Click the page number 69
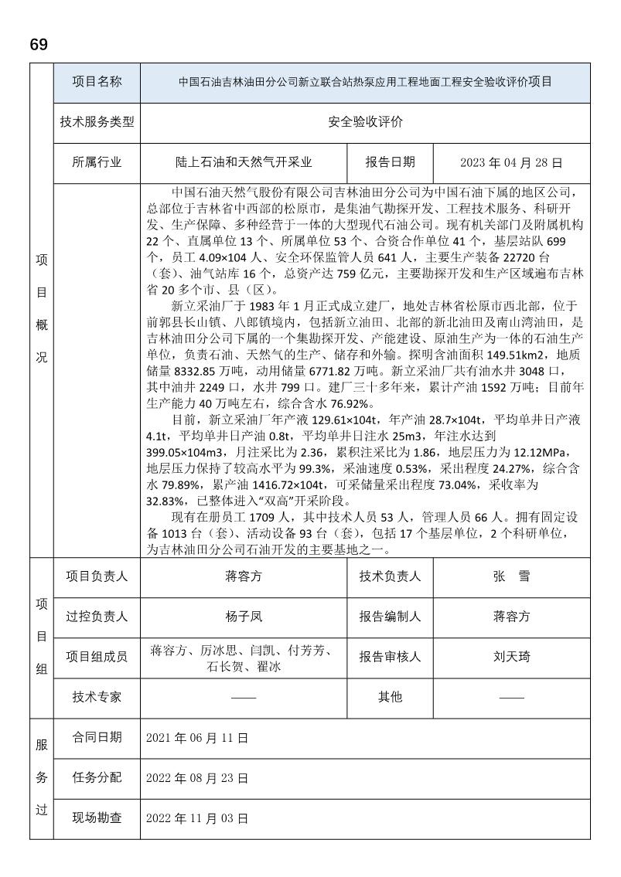(x=39, y=45)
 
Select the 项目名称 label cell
(x=97, y=82)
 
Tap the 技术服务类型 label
(x=97, y=122)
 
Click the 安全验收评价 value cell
(x=365, y=122)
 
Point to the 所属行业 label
(x=97, y=163)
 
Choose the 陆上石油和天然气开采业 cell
(x=244, y=163)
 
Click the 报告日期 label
(x=391, y=163)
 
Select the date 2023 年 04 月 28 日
(x=510, y=163)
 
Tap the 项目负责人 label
(x=97, y=576)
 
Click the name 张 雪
(x=511, y=576)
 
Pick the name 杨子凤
(x=244, y=617)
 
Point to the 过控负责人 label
(x=97, y=617)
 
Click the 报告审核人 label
(x=391, y=657)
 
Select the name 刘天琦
(x=511, y=657)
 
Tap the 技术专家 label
(x=97, y=697)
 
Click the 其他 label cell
(x=391, y=697)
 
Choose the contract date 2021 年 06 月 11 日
(x=197, y=738)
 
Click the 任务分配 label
(x=97, y=777)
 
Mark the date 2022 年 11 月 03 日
(x=197, y=818)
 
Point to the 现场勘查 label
(x=97, y=818)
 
